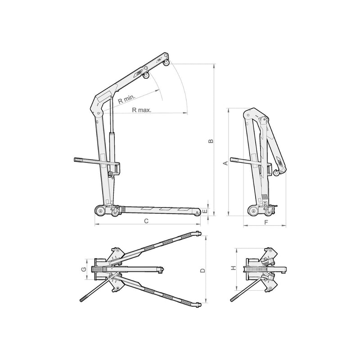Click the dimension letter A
(x=226, y=163)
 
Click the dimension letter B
(x=211, y=141)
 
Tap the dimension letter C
(x=146, y=221)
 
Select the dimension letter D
(x=202, y=270)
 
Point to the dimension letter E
(x=205, y=211)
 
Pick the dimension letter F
(x=266, y=222)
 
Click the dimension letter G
(x=84, y=269)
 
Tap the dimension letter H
(x=234, y=268)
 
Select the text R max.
(x=142, y=110)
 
